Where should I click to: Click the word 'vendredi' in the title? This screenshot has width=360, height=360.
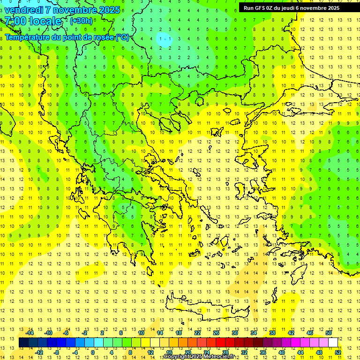pos(23,10)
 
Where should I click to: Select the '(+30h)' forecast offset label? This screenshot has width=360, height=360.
pos(81,21)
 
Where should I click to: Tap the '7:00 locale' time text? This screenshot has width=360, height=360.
pos(33,21)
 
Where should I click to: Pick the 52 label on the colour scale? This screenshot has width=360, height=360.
pos(338,352)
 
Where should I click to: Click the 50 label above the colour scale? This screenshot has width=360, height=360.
pos(329,333)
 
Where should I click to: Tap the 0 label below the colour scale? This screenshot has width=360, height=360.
pos(93,352)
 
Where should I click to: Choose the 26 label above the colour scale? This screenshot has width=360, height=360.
pos(216,333)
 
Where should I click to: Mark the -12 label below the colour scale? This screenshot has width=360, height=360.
pos(39,352)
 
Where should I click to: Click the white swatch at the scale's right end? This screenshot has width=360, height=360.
pos(333,342)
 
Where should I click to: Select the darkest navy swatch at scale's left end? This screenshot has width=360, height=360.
pos(23,342)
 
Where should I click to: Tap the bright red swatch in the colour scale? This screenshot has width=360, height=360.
pos(220,342)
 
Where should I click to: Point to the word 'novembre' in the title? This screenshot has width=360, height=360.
pos(73,10)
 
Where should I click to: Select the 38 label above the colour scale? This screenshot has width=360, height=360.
pos(272,333)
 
